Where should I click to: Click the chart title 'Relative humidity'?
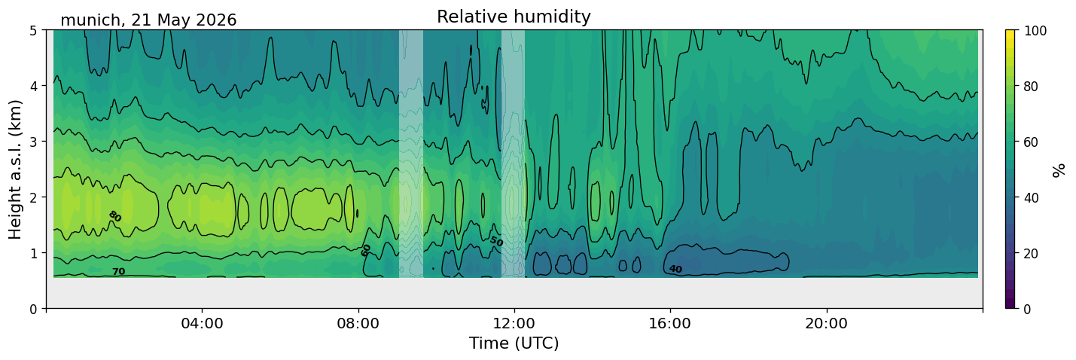[x=514, y=17]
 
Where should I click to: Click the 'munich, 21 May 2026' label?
[x=148, y=20]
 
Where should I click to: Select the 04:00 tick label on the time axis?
[x=202, y=323]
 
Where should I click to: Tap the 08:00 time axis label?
[x=358, y=323]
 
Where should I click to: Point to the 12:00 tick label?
[x=514, y=323]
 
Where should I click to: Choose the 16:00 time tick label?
[x=670, y=323]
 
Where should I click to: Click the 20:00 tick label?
[x=826, y=323]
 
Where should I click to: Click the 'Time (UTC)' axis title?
[x=514, y=343]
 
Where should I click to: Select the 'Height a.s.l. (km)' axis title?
[x=15, y=169]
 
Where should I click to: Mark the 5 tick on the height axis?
[x=33, y=31]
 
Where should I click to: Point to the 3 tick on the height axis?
[x=33, y=142]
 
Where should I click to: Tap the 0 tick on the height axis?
[x=33, y=309]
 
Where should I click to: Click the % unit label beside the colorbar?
[x=1058, y=170]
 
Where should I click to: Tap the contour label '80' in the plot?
[x=114, y=216]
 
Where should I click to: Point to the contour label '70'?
[x=119, y=272]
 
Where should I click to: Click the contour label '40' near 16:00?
[x=675, y=269]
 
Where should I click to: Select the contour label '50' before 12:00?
[x=496, y=241]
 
